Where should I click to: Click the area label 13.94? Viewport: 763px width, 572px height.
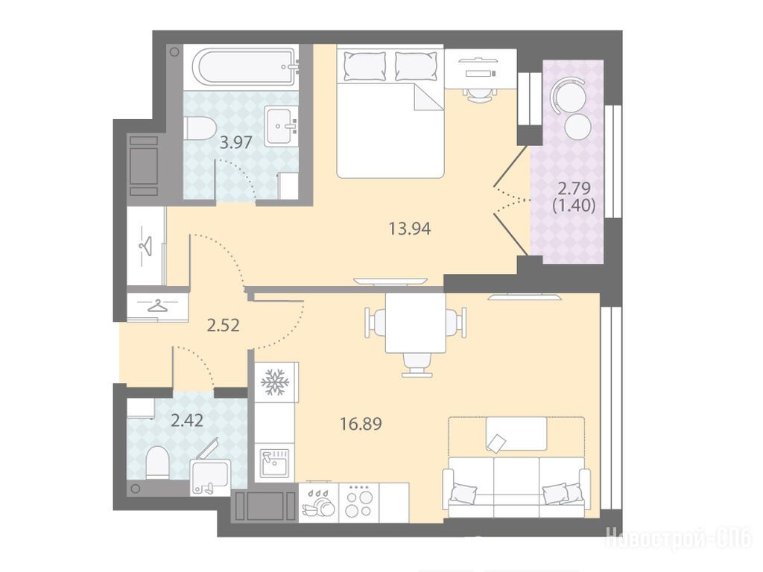[410, 228]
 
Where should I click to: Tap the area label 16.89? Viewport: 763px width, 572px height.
[361, 424]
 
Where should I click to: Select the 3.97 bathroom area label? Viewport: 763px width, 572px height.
[236, 142]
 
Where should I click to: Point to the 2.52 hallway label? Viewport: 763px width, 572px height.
[224, 325]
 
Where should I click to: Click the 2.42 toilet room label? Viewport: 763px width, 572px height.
[187, 420]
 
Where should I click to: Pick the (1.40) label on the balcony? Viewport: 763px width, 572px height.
[574, 206]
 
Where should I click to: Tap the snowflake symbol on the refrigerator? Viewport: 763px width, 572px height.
[275, 381]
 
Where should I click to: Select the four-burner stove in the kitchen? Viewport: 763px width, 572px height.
[358, 503]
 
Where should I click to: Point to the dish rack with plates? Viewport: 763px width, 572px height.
[319, 503]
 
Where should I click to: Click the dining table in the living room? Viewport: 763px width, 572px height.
[416, 323]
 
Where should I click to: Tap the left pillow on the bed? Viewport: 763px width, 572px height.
[364, 66]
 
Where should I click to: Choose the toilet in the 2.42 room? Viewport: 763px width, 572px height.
[157, 462]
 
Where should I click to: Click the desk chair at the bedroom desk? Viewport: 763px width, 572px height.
[480, 94]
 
